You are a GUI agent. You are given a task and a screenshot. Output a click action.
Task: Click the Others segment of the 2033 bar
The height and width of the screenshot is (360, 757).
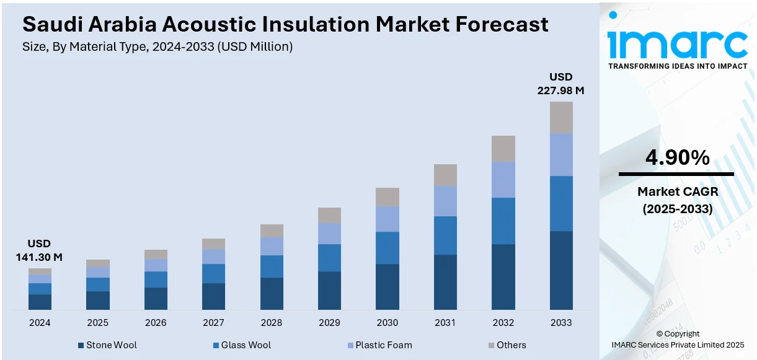click(x=561, y=118)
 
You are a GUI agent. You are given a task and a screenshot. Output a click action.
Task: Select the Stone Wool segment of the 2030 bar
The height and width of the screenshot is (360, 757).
click(x=387, y=286)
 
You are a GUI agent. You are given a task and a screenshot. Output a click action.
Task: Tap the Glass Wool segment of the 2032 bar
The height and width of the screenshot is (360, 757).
click(x=503, y=221)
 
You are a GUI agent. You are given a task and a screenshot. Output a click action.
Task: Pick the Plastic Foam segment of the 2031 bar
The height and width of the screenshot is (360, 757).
click(x=445, y=201)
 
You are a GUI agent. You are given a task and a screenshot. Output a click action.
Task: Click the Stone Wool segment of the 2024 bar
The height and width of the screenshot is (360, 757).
click(x=40, y=302)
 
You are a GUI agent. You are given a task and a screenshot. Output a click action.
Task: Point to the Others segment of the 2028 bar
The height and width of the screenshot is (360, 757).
click(x=272, y=230)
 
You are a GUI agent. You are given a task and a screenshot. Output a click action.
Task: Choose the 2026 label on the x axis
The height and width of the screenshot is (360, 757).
click(x=156, y=323)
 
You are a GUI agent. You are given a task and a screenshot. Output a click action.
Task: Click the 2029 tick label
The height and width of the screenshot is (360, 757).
click(x=329, y=323)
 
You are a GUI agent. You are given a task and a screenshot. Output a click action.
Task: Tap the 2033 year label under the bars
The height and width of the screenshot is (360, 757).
click(x=561, y=323)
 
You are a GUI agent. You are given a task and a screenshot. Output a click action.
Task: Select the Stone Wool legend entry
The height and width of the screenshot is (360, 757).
click(x=107, y=345)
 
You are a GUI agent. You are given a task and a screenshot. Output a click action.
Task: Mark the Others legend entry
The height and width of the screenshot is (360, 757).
click(x=507, y=345)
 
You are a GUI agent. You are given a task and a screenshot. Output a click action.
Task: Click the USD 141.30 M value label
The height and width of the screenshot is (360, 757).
click(x=39, y=250)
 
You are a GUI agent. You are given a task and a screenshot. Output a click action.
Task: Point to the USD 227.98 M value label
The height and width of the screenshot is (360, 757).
click(x=560, y=84)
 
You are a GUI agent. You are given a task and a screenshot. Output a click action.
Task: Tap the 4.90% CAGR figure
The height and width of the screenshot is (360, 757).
click(x=677, y=158)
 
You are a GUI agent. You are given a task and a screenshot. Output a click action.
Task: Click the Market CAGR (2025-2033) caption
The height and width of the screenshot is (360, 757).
click(x=677, y=200)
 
